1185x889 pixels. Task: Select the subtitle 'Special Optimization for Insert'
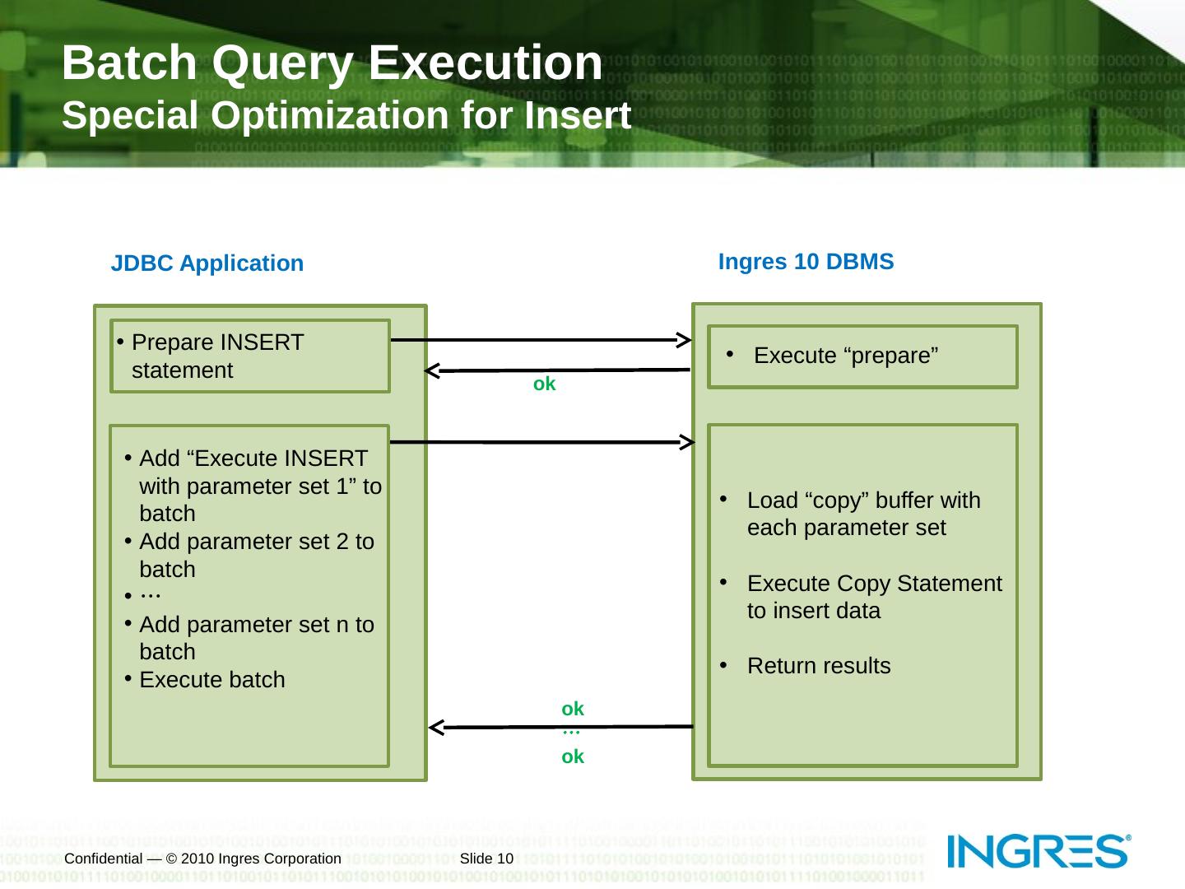tap(346, 116)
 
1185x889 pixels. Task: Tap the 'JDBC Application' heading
tap(207, 263)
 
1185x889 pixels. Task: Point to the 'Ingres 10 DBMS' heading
tap(806, 262)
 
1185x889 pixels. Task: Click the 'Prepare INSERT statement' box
tap(249, 356)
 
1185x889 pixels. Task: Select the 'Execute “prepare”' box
tap(862, 356)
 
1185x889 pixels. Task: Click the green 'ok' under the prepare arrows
tap(544, 384)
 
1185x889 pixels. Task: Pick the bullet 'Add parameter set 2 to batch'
tap(256, 556)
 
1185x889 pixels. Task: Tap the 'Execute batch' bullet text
tap(212, 680)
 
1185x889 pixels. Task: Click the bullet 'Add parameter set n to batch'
tap(256, 638)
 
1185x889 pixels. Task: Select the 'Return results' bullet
tap(818, 666)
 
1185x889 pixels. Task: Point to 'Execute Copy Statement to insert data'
tap(874, 597)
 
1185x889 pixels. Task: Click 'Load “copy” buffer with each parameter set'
tap(863, 514)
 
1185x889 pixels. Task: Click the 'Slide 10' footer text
tap(486, 859)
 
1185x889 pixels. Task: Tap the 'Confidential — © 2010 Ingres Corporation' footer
tap(202, 859)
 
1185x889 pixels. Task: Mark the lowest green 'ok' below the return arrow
tap(573, 756)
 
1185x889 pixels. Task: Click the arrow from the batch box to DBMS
tap(543, 442)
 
